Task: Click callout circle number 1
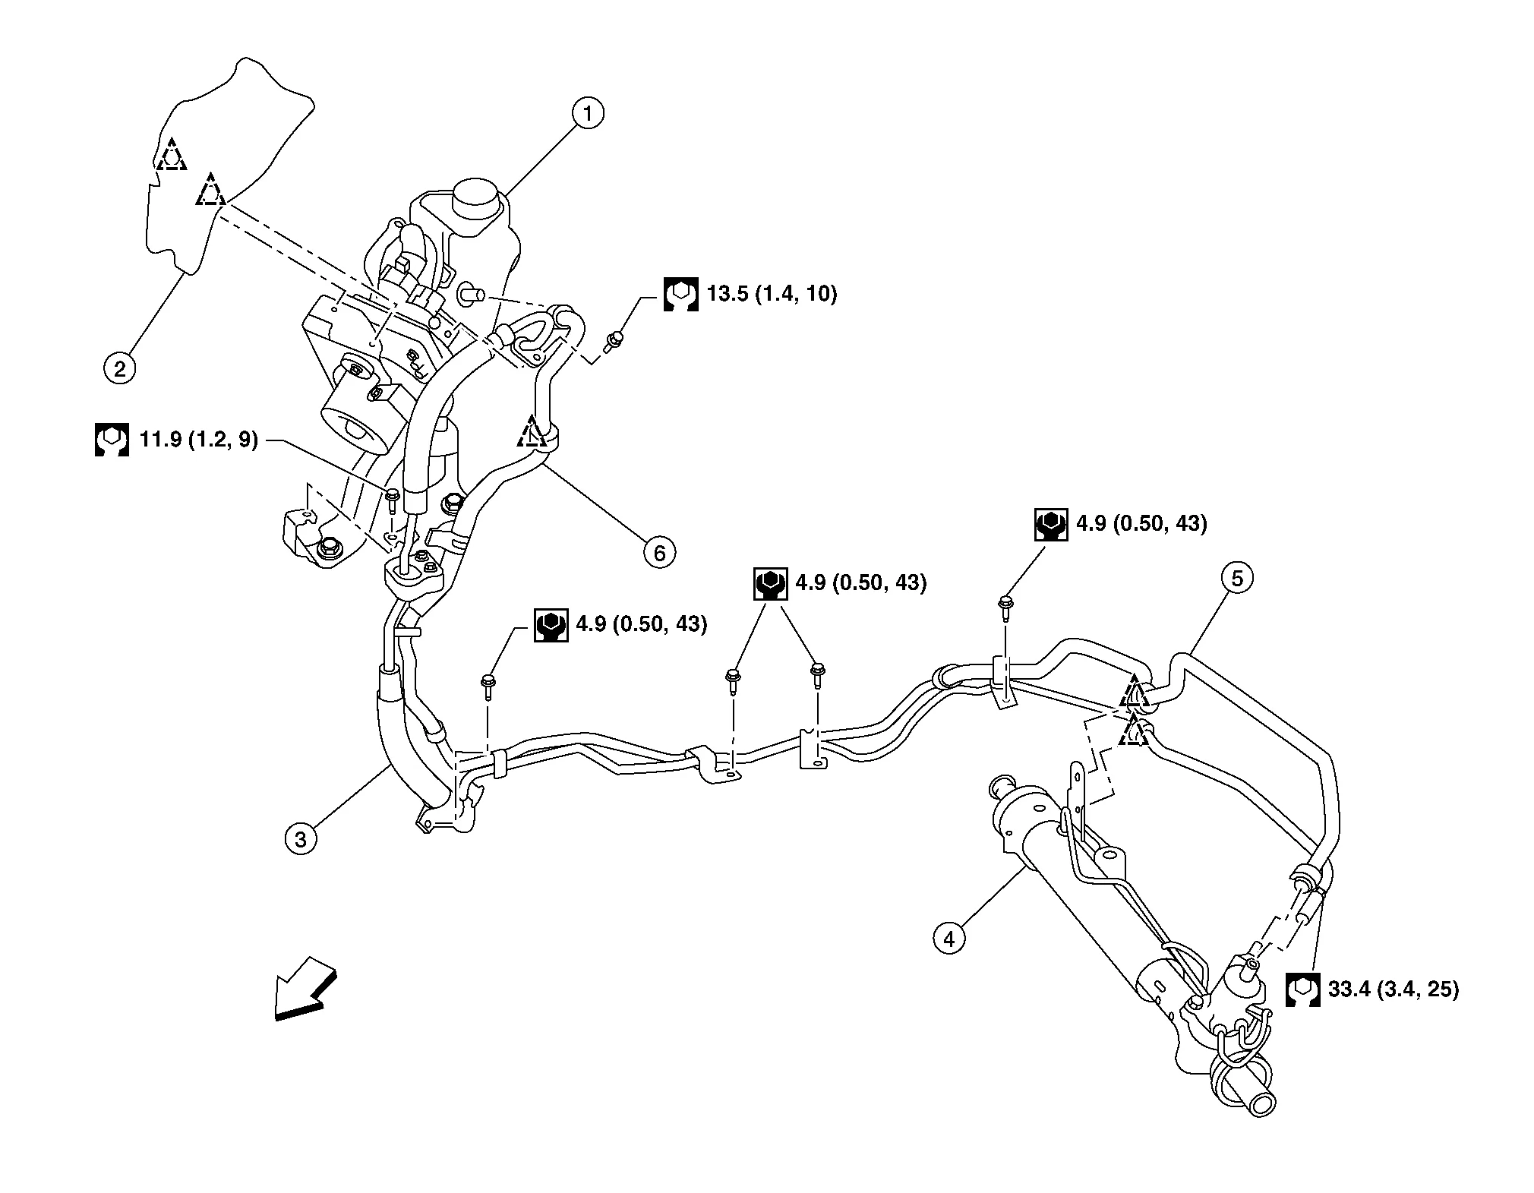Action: pyautogui.click(x=587, y=114)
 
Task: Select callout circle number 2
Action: pyautogui.click(x=119, y=369)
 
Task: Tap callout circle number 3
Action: pyautogui.click(x=301, y=840)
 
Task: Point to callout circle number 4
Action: pyautogui.click(x=948, y=939)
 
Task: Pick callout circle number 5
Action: pyautogui.click(x=1237, y=579)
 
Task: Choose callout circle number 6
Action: pyautogui.click(x=659, y=553)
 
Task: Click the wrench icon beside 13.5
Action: pyautogui.click(x=680, y=294)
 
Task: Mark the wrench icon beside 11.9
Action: pyautogui.click(x=112, y=439)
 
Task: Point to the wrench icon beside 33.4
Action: pyautogui.click(x=1302, y=989)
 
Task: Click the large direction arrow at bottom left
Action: pyautogui.click(x=304, y=988)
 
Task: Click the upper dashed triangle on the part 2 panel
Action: pyautogui.click(x=172, y=155)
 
